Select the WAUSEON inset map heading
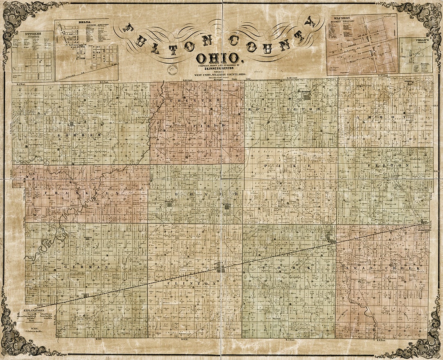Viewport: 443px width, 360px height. point(342,18)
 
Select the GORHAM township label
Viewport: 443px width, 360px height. point(80,135)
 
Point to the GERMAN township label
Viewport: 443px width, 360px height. point(86,267)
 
